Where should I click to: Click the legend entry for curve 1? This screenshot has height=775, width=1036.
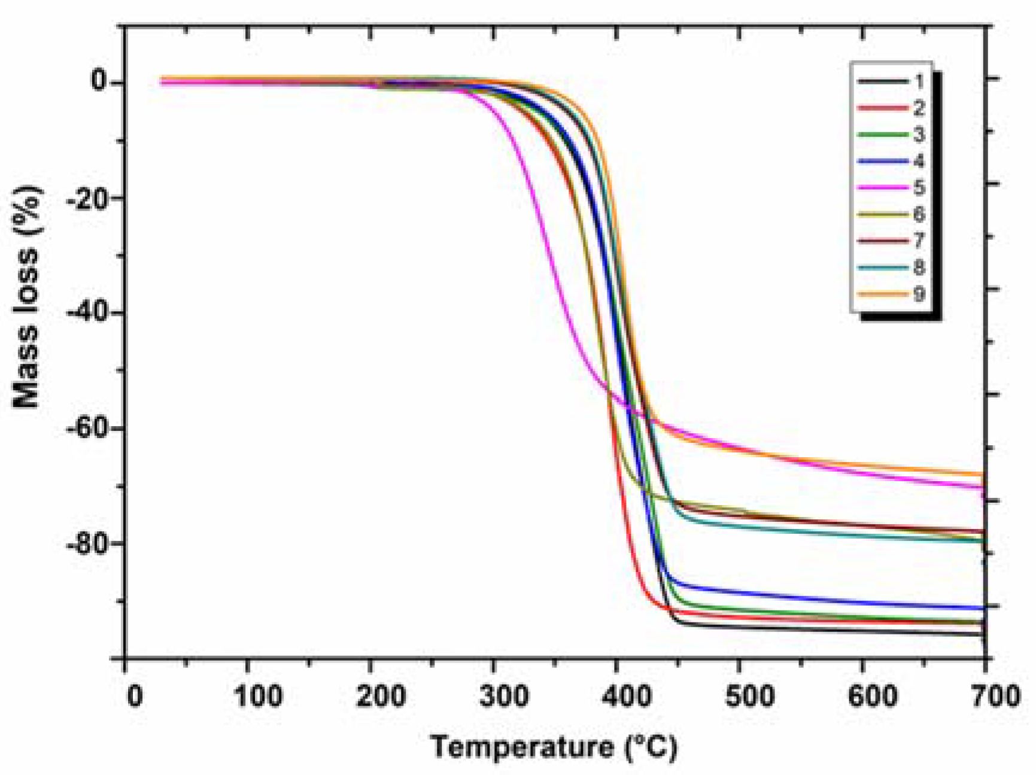click(892, 81)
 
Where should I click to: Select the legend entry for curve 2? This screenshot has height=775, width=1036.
click(892, 108)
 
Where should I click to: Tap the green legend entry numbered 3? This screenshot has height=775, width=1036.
click(892, 134)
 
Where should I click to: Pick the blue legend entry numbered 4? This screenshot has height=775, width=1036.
click(892, 161)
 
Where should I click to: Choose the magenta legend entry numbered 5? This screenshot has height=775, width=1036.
click(892, 187)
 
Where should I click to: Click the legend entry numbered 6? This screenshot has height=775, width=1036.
click(892, 214)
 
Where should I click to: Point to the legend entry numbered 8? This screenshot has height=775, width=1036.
click(892, 267)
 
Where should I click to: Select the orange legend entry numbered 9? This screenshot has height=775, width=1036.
click(892, 294)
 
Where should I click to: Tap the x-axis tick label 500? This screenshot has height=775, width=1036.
click(749, 697)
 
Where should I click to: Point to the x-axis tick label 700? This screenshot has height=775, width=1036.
click(995, 697)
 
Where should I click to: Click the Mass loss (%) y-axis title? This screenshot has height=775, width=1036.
click(27, 297)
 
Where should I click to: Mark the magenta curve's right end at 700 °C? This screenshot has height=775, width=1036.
click(983, 487)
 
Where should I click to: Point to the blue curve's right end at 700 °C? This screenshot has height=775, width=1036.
click(983, 608)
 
